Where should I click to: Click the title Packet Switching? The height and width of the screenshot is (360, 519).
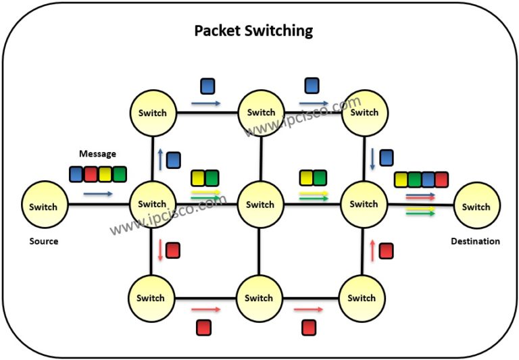point(253,30)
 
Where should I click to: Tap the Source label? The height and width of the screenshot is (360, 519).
point(44,241)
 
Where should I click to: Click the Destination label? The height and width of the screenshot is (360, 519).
point(476,241)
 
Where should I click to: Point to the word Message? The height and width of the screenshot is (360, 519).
point(98,154)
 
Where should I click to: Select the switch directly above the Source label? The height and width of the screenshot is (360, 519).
point(45,206)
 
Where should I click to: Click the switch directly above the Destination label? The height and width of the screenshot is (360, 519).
point(477,206)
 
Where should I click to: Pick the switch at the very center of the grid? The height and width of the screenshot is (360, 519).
point(260,204)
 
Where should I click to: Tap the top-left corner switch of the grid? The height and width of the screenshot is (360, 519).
point(152,112)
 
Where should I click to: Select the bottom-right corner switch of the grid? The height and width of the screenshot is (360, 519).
point(362,297)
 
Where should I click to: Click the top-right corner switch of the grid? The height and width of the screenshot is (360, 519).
point(364,112)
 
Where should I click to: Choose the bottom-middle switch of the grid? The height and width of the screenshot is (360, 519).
point(259,297)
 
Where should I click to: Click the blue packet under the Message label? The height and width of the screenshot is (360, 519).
point(76,174)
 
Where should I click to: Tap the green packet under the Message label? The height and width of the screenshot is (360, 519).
point(120,174)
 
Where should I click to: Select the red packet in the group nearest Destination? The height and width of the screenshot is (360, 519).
point(441,179)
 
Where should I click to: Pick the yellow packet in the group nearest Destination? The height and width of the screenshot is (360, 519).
point(401,179)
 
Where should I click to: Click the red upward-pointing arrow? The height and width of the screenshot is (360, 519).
point(372,251)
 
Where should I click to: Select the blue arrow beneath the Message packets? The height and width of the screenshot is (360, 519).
point(98,194)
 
